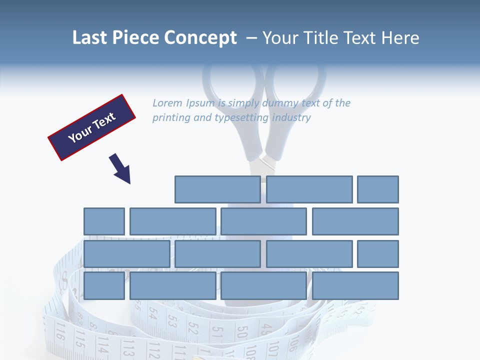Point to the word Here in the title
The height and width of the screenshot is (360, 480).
click(400, 38)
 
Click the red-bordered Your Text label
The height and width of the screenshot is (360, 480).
click(92, 127)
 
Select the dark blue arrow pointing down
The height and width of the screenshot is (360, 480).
click(120, 169)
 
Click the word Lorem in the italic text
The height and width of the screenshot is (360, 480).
click(167, 103)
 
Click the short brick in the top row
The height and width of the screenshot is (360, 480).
click(378, 189)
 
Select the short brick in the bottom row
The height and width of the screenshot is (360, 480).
click(104, 285)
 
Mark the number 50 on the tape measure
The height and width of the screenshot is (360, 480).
click(242, 332)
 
